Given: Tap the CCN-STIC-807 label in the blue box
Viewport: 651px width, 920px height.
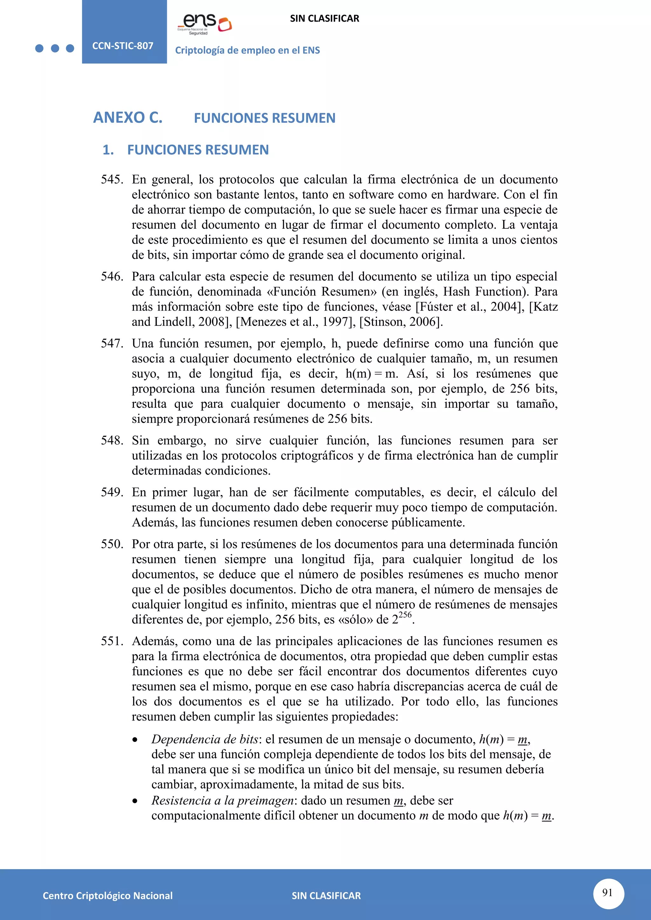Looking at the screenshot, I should (x=123, y=46).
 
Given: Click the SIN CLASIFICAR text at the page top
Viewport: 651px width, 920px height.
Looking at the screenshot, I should (x=324, y=18).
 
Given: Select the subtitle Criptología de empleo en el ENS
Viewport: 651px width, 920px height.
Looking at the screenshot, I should (x=247, y=51).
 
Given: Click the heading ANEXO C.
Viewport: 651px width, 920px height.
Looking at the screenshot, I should (x=128, y=118).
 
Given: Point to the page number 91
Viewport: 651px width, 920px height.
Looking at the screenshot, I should (x=608, y=892).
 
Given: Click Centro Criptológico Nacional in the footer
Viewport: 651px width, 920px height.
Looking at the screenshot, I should (x=107, y=896).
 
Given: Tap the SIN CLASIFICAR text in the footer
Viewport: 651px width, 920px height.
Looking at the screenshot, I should (x=326, y=896).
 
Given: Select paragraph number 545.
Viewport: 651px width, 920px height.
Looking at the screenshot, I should (x=112, y=179).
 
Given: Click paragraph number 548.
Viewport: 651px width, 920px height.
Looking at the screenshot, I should (x=112, y=440).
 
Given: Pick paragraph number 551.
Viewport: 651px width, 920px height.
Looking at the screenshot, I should (x=112, y=641).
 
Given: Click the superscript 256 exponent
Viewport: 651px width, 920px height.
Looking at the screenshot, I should (x=405, y=615).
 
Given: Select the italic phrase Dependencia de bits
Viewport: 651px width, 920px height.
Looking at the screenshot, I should (x=204, y=739).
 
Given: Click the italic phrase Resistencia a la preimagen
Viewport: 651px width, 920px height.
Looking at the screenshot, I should (x=223, y=801).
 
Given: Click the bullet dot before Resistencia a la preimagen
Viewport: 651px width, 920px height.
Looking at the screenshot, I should (x=135, y=801).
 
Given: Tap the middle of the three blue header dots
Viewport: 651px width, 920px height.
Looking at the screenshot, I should (x=55, y=49).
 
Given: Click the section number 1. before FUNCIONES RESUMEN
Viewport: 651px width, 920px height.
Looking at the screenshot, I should (x=108, y=150).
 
